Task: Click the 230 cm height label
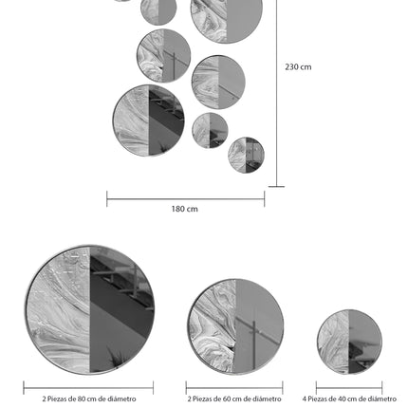pyautogui.click(x=298, y=67)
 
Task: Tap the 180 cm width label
pyautogui.click(x=185, y=209)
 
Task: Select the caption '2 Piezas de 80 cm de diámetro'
pyautogui.click(x=89, y=399)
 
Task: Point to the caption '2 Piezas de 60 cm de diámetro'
pyautogui.click(x=234, y=399)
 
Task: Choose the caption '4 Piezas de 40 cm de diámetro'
pyautogui.click(x=349, y=399)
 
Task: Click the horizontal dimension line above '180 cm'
pyautogui.click(x=186, y=199)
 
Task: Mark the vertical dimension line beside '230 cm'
pyautogui.click(x=277, y=93)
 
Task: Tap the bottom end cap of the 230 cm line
pyautogui.click(x=276, y=187)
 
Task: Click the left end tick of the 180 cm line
pyautogui.click(x=107, y=199)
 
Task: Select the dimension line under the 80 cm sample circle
pyautogui.click(x=88, y=387)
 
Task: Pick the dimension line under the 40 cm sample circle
pyautogui.click(x=349, y=387)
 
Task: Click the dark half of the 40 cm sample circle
pyautogui.click(x=364, y=342)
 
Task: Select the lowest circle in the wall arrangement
pyautogui.click(x=246, y=155)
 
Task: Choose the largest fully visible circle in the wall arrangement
pyautogui.click(x=149, y=121)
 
